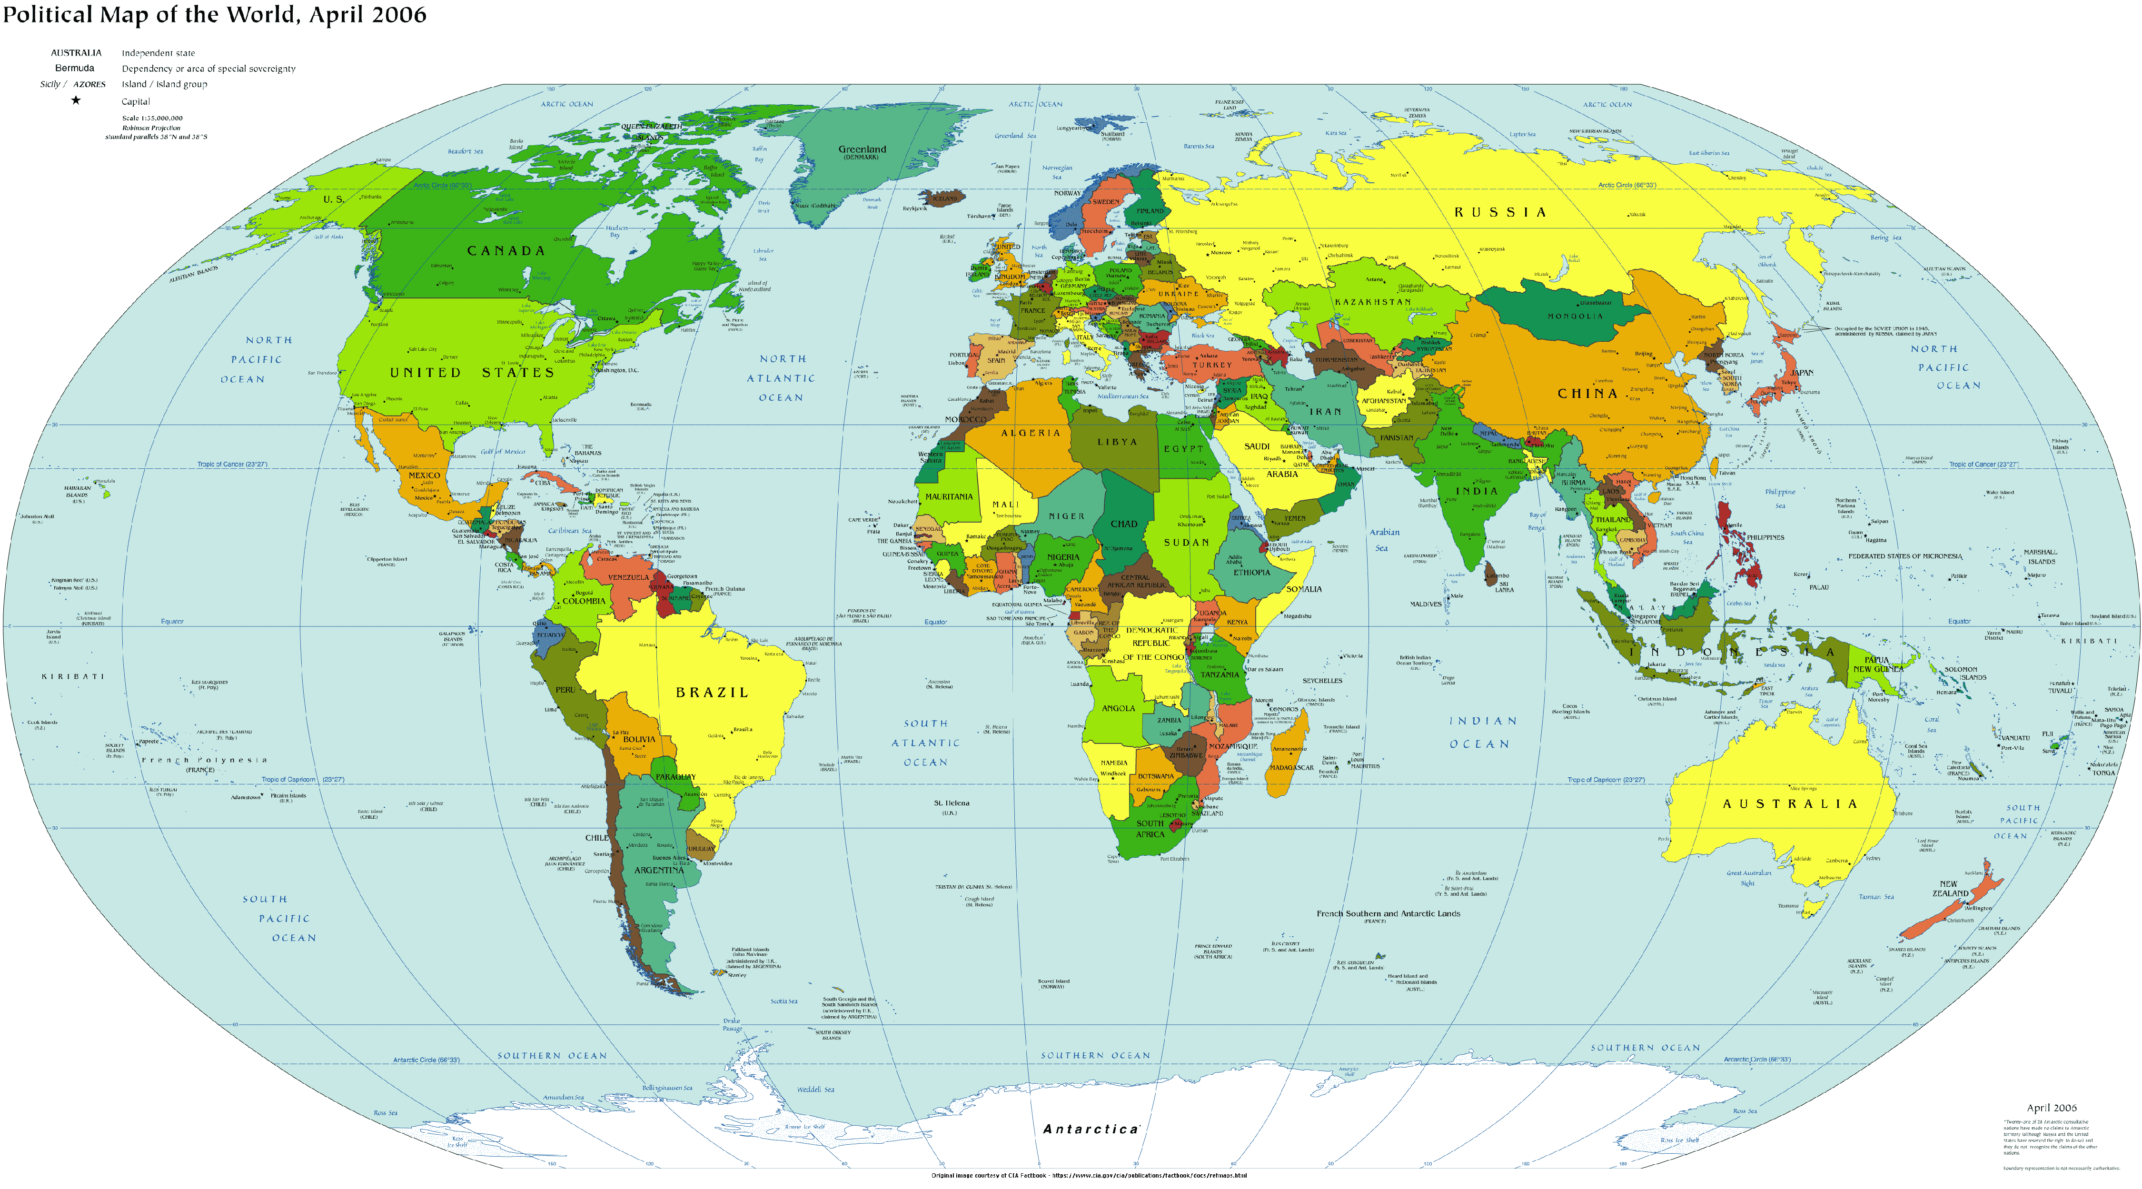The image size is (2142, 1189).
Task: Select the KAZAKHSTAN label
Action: coord(1372,302)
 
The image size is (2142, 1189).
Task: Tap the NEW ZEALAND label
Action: coord(1949,889)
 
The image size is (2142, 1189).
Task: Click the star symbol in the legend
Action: coord(76,100)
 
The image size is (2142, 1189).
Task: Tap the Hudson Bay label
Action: coord(616,230)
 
